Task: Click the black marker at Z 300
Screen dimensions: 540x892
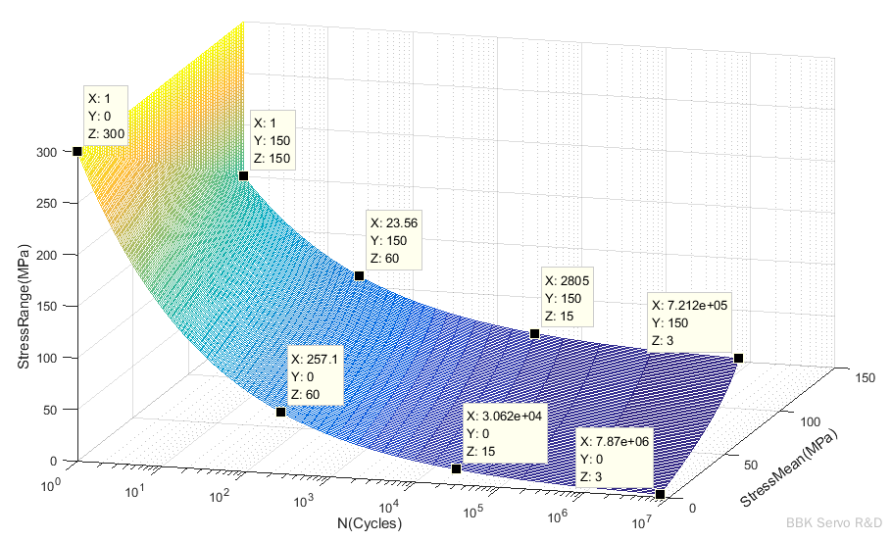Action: (x=76, y=151)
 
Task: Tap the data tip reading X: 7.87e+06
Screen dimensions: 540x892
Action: (x=615, y=458)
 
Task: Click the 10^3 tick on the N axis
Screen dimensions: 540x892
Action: (x=303, y=502)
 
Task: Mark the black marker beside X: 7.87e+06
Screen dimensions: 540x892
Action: (x=660, y=495)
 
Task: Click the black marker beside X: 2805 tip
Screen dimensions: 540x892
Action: (x=534, y=334)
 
